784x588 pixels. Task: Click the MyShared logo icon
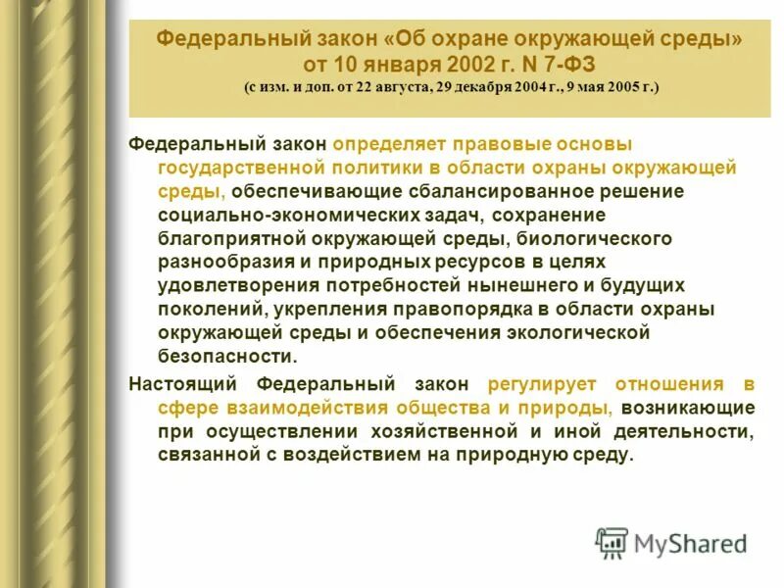pos(612,541)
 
